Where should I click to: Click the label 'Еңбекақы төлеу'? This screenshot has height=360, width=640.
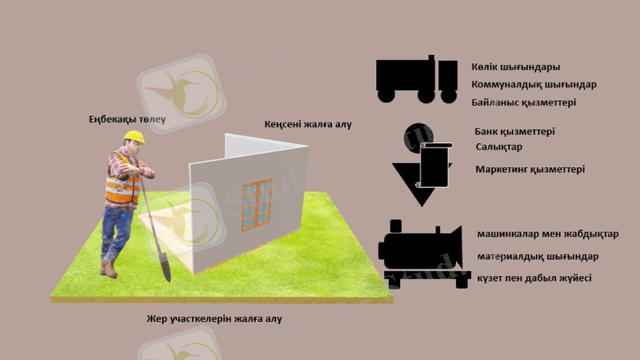tap(126, 121)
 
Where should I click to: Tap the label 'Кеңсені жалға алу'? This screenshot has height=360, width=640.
tap(307, 125)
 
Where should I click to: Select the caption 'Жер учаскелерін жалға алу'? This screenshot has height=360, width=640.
tap(214, 318)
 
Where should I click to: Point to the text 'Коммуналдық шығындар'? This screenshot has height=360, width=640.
tap(534, 84)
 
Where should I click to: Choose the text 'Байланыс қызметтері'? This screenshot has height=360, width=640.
tap(524, 102)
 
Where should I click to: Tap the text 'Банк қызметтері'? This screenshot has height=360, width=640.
tap(514, 131)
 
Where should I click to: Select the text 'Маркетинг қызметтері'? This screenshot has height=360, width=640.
tap(530, 170)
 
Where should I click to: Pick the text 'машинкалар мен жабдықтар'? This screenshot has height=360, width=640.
tap(547, 234)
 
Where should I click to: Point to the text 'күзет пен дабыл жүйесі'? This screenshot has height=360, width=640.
tap(534, 278)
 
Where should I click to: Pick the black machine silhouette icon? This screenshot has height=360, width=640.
tap(421, 248)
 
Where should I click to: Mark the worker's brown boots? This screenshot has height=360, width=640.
tap(109, 267)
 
